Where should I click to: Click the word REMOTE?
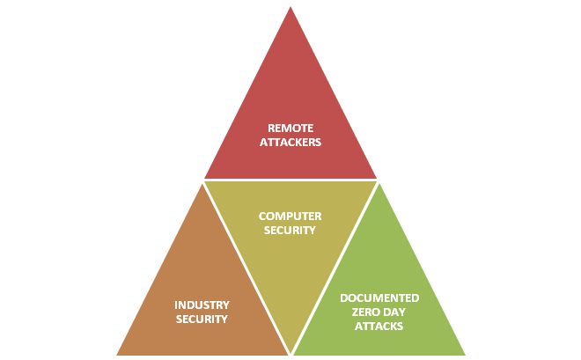click(290, 128)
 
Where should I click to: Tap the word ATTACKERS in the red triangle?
click(290, 141)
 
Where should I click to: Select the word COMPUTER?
click(290, 216)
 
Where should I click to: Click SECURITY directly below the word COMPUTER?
click(290, 230)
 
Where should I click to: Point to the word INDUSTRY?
click(202, 305)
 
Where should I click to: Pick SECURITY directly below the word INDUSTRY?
click(202, 319)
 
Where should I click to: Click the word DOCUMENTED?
click(379, 298)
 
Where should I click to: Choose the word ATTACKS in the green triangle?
click(379, 326)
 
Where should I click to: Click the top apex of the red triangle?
click(290, 7)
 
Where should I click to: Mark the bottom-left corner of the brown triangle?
click(117, 355)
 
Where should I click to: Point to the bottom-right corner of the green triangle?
click(465, 355)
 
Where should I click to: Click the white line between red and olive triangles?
click(290, 180)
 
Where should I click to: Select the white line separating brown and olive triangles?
click(246, 268)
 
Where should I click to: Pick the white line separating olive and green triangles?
click(335, 268)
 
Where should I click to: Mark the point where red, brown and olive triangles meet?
click(203, 180)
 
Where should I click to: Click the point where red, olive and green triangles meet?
click(378, 180)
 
